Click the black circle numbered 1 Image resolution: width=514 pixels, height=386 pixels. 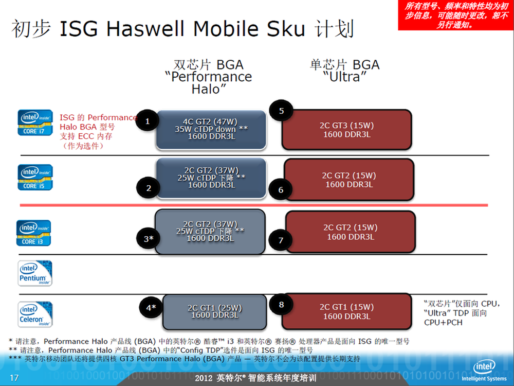(x=148, y=121)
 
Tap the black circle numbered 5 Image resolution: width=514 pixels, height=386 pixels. (x=281, y=111)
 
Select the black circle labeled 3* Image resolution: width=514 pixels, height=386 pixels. (x=149, y=239)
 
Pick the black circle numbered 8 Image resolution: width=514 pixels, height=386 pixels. (x=281, y=305)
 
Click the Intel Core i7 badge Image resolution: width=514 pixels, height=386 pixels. (x=35, y=122)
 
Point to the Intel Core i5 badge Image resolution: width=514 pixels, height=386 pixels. (x=35, y=177)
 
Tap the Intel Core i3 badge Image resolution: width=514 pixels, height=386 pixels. (x=34, y=233)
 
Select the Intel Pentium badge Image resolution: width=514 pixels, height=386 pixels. (x=35, y=273)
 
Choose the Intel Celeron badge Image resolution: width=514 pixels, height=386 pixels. (x=35, y=314)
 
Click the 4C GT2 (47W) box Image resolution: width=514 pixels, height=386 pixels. (x=211, y=130)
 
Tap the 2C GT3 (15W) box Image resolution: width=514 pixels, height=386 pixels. (x=346, y=130)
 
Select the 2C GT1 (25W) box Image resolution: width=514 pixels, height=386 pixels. (x=215, y=312)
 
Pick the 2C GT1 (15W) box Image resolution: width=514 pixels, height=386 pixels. (x=346, y=311)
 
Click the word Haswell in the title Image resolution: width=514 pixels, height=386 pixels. (x=145, y=28)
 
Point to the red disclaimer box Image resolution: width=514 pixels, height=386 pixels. (x=455, y=15)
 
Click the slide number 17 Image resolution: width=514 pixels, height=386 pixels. (x=14, y=378)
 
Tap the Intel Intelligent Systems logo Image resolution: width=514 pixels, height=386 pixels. (x=484, y=371)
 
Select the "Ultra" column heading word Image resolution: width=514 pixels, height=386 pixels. (x=344, y=77)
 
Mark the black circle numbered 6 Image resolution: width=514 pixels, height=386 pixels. (x=281, y=190)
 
